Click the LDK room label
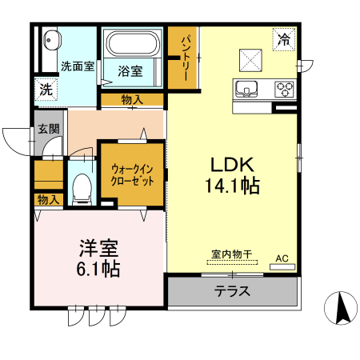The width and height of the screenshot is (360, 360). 232,165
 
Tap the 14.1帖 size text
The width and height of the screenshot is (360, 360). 232,186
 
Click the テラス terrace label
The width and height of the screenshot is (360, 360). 233,291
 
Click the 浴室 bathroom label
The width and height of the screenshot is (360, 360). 130,71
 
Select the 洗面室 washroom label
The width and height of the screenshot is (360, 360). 78,66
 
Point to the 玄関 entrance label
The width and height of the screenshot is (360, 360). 47,129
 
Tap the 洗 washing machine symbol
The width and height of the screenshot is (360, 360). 46,90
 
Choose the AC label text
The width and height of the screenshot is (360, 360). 282,258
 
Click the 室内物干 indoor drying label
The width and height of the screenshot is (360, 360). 231,255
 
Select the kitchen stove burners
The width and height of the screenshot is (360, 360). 284,87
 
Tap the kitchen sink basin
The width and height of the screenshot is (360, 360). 245,87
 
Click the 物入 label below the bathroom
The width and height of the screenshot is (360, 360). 132,99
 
